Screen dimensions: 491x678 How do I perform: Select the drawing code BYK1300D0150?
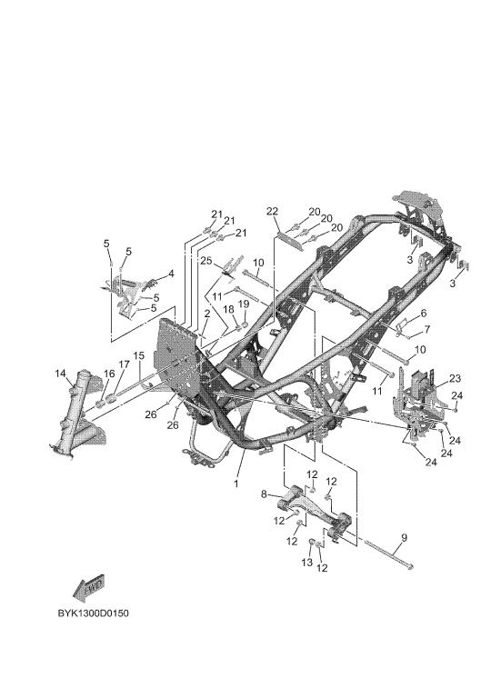click(x=94, y=613)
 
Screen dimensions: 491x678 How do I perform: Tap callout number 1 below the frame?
click(x=236, y=484)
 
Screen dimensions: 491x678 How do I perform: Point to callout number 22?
click(x=272, y=212)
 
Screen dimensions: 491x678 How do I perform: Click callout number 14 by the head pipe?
click(x=61, y=374)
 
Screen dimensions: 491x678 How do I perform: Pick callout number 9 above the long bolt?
click(x=404, y=538)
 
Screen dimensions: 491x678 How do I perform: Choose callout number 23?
click(x=456, y=378)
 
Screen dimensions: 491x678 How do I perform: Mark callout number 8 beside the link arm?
click(x=264, y=494)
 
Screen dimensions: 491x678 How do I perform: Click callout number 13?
click(x=306, y=563)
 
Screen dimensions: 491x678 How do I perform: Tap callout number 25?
click(x=206, y=261)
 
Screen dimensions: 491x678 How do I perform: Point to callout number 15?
click(x=138, y=356)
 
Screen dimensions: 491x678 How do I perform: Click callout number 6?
click(x=423, y=313)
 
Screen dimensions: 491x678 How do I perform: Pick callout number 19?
click(x=244, y=304)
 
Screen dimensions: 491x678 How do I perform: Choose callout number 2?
click(x=207, y=314)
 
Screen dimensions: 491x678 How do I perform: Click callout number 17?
click(x=124, y=364)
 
